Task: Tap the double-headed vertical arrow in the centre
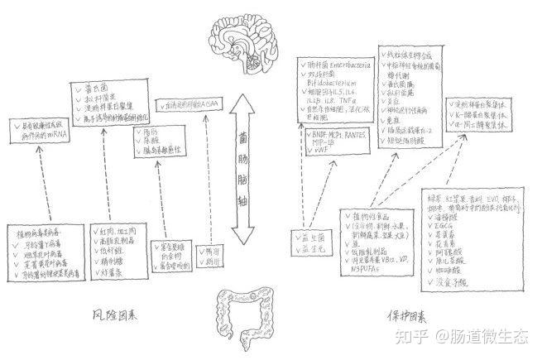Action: click(x=242, y=170)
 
